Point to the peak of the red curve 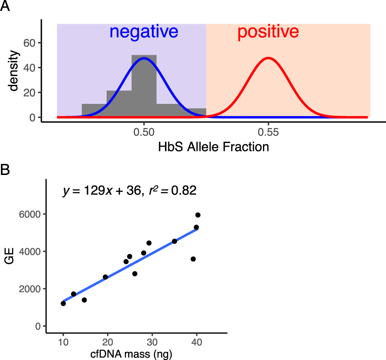tap(268, 58)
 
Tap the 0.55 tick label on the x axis tap(268, 132)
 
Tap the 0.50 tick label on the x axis tap(144, 132)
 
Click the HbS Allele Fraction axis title tap(213, 148)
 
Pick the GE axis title tap(15, 260)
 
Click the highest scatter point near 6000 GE tap(198, 215)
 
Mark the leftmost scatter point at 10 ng tap(63, 303)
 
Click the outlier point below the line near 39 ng tap(193, 259)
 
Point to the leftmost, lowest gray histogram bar tap(94, 110)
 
